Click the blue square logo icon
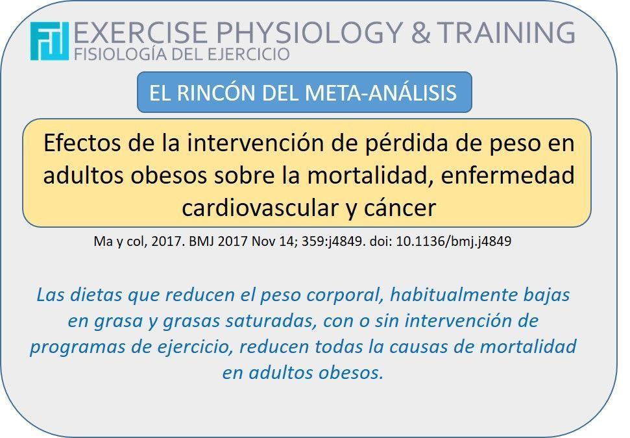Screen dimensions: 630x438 49,41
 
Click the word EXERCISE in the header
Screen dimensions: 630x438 141,32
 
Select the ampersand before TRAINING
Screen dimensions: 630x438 420,32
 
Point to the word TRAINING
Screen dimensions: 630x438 506,32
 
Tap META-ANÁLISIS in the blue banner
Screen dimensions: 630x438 380,92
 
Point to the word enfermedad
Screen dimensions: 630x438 507,175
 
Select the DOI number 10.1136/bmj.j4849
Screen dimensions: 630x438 454,241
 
